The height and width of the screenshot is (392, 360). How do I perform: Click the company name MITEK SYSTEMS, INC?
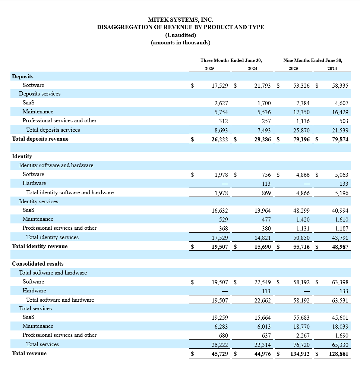[x=180, y=20]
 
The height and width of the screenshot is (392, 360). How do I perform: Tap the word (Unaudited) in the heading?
[x=180, y=35]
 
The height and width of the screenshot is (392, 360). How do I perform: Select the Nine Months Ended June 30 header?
[x=313, y=60]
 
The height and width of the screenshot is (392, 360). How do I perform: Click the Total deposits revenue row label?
[x=40, y=139]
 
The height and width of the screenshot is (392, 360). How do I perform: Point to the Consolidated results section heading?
[x=38, y=264]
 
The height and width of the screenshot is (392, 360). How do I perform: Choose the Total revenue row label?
[x=29, y=353]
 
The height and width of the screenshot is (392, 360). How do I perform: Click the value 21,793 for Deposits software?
[x=262, y=86]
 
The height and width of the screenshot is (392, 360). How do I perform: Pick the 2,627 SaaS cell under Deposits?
[x=221, y=103]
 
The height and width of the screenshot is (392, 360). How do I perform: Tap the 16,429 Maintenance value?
[x=340, y=112]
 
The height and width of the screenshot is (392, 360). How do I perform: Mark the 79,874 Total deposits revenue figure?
[x=339, y=139]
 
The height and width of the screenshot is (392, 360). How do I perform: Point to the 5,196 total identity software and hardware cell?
[x=341, y=193]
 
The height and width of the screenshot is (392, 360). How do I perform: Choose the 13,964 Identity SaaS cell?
[x=262, y=211]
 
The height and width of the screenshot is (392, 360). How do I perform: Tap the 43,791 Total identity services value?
[x=340, y=238]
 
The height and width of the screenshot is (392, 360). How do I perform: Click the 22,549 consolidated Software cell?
[x=262, y=282]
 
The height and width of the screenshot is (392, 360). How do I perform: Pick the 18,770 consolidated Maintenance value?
[x=301, y=327]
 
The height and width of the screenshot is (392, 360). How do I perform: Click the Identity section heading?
[x=22, y=156]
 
